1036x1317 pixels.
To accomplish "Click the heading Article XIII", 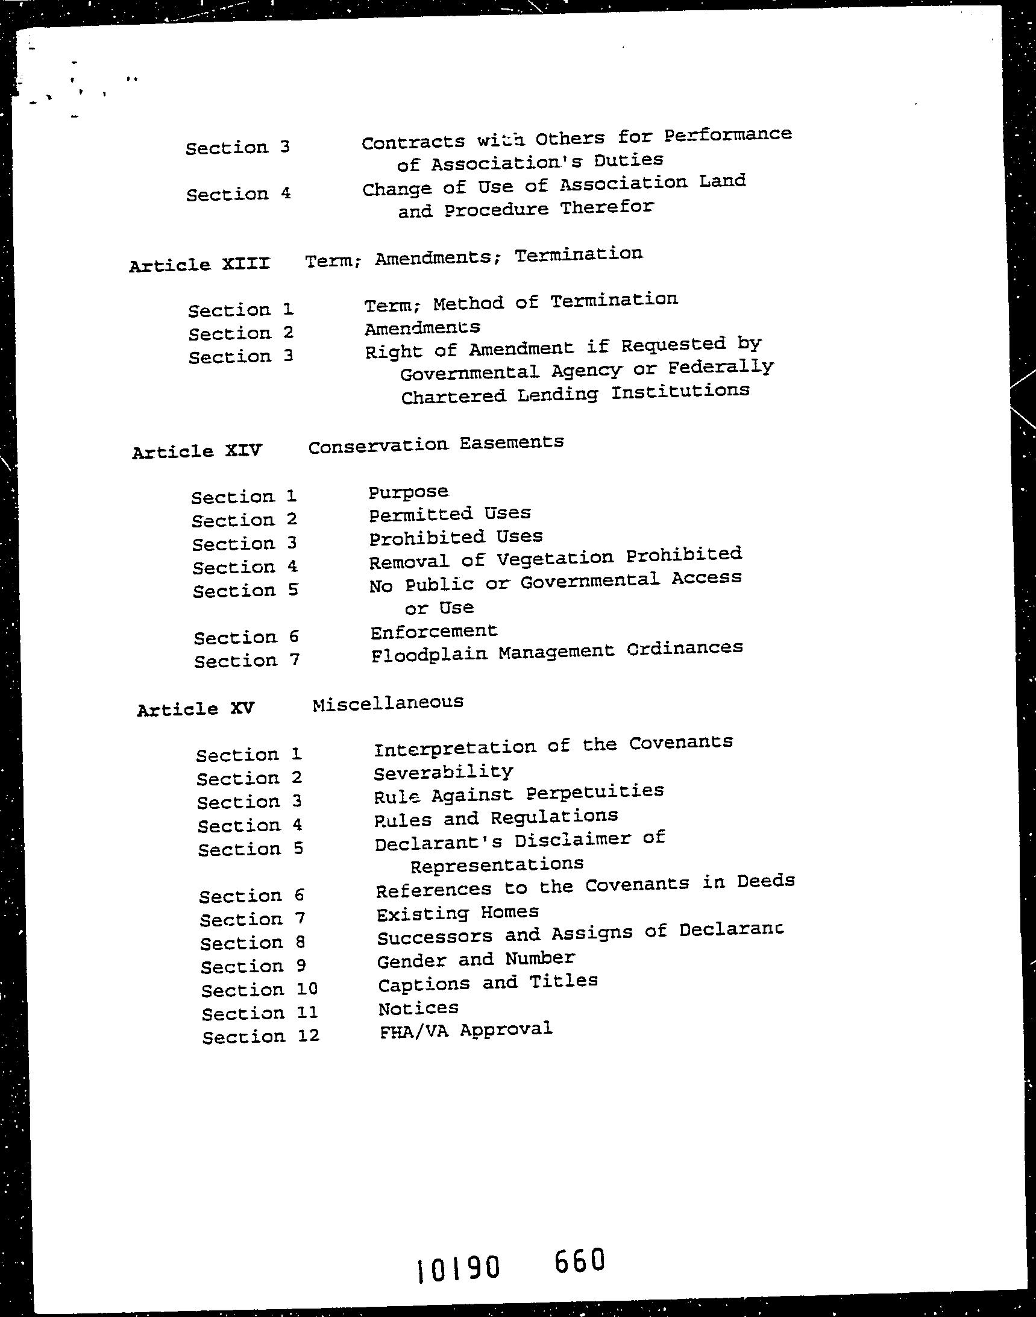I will pyautogui.click(x=199, y=265).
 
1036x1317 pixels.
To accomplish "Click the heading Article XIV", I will pyautogui.click(x=197, y=451).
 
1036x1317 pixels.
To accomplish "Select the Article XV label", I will pyautogui.click(x=195, y=709).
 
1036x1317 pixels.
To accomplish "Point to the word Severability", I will pyautogui.click(x=444, y=772).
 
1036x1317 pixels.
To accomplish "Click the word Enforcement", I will pyautogui.click(x=434, y=632).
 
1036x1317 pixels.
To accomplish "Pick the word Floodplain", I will pyautogui.click(x=430, y=655).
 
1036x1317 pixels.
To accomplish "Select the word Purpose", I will pyautogui.click(x=408, y=491).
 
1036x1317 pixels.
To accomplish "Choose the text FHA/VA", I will pyautogui.click(x=413, y=1031).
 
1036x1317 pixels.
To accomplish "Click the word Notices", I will pyautogui.click(x=418, y=1008).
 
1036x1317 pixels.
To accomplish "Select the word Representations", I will pyautogui.click(x=497, y=864).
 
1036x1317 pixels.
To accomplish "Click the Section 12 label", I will pyautogui.click(x=260, y=1036).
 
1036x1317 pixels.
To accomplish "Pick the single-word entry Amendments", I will pyautogui.click(x=422, y=328).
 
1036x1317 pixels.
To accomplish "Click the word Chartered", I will pyautogui.click(x=453, y=396).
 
